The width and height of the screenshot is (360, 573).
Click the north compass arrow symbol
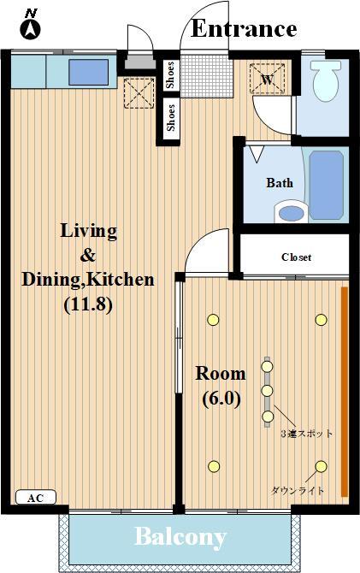coord(32,28)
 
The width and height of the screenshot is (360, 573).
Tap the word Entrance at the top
coord(243,28)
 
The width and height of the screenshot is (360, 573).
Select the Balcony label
coord(180,537)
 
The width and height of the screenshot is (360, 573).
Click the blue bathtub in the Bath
coord(325,185)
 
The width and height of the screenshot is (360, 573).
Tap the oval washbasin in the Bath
coord(290,211)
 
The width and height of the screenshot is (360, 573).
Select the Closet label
coord(296,257)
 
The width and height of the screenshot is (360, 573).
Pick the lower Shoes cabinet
coord(170,118)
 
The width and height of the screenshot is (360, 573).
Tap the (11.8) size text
coord(88,303)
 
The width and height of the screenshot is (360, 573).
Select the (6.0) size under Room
coord(221,398)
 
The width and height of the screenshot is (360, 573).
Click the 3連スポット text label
coord(307,434)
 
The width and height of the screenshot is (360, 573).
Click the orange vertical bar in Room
coord(344,392)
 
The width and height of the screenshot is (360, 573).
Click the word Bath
coord(280,183)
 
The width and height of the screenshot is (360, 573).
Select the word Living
coord(88,231)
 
